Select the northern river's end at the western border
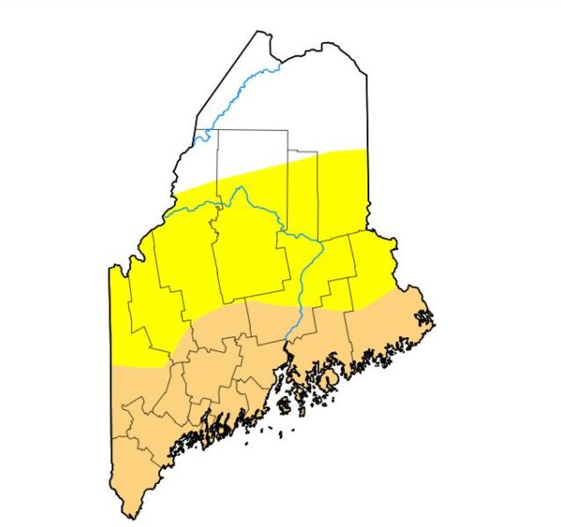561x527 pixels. click(x=194, y=141)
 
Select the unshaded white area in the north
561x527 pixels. click(x=309, y=103)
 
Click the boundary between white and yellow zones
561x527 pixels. click(x=271, y=168)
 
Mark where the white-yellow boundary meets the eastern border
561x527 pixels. click(x=367, y=149)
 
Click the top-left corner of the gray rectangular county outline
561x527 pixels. click(x=218, y=131)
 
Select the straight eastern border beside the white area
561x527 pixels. click(x=367, y=112)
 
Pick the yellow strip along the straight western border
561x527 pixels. click(x=118, y=318)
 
